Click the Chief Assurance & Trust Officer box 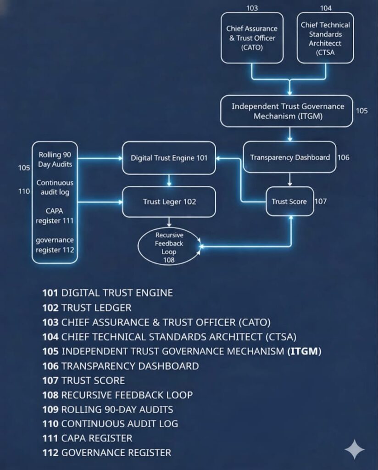252,38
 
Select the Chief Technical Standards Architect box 325,38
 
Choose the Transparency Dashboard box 289,157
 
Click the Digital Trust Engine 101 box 169,158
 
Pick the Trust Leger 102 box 169,201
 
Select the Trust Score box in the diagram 289,201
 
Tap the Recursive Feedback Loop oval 169,247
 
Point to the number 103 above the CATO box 252,8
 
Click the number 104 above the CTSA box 325,8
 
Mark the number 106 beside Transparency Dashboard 343,157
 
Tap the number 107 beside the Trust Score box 321,201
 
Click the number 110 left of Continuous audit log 24,191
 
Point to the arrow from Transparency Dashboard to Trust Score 289,179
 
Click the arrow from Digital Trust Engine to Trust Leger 169,180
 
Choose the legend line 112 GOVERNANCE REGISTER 107,453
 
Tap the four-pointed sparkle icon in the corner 355,449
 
